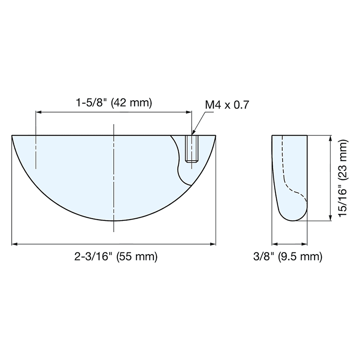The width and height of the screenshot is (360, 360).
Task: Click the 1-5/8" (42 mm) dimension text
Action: point(114,103)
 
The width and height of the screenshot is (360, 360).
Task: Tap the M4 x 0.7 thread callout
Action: point(227,105)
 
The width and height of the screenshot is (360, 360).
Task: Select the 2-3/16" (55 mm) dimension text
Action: point(116,257)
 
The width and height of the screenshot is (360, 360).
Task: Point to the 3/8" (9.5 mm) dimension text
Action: point(288,257)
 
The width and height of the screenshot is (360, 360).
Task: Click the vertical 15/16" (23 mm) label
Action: point(344,179)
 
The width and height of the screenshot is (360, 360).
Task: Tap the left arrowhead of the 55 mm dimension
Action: point(14,244)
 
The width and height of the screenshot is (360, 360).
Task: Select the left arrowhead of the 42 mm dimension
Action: point(38,112)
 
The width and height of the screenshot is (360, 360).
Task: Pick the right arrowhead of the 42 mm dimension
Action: point(189,112)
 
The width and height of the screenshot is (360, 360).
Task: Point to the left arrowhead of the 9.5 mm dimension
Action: point(274,244)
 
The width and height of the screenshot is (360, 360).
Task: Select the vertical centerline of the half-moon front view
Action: point(114,180)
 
